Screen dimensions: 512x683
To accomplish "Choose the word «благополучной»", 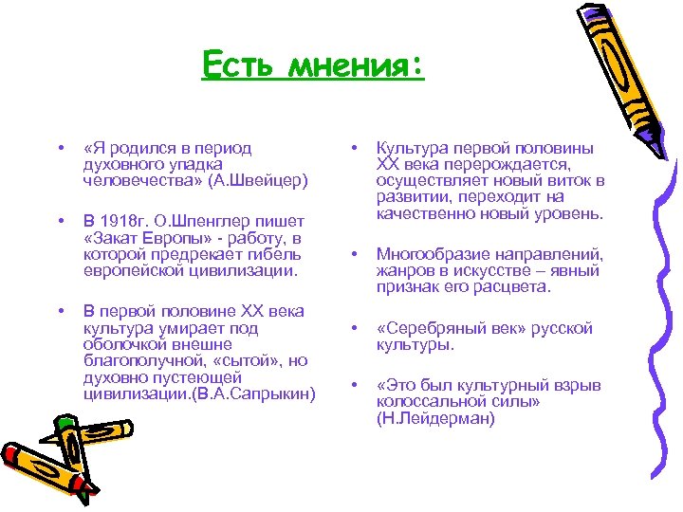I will click(138, 361).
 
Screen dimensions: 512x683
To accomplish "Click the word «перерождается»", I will click(506, 164).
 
